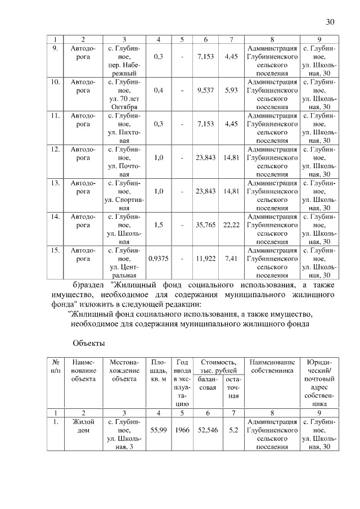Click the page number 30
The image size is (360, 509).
coord(330,22)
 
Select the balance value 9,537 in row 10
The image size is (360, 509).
coord(206,89)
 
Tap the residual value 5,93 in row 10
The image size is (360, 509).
coord(231,89)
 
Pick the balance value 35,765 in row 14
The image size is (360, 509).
coord(206,225)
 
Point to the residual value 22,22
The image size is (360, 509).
coord(231,225)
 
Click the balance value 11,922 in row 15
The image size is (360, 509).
coord(206,259)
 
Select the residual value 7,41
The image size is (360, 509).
coord(231,259)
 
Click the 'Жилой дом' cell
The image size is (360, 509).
coord(83,425)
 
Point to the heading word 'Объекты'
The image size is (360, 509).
coord(88,343)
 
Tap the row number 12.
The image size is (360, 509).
coord(56,150)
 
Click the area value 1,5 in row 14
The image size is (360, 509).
coord(159,225)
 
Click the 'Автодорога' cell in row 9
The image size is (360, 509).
coord(83,53)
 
